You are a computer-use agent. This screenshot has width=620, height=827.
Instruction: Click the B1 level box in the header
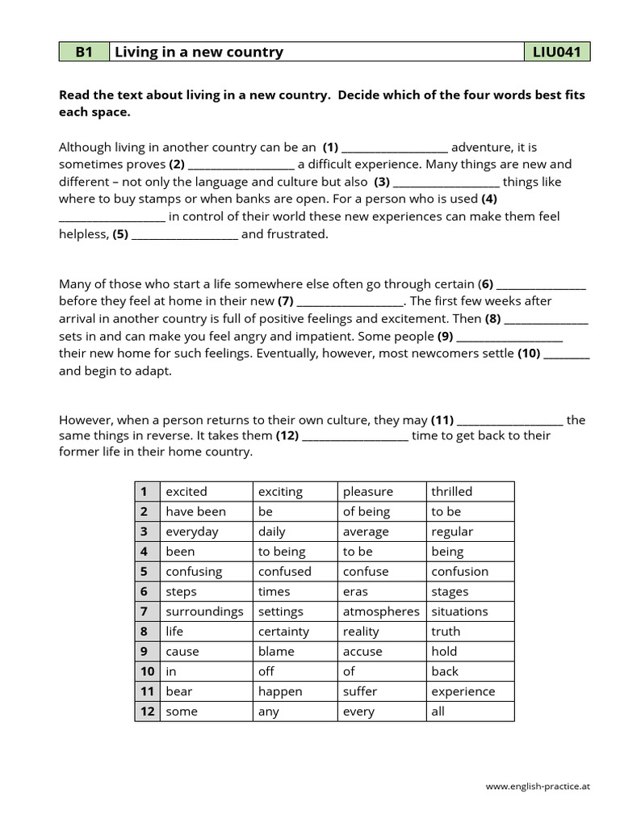tap(84, 52)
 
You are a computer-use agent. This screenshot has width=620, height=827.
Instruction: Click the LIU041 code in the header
tap(556, 52)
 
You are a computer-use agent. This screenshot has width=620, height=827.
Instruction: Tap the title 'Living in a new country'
tap(199, 52)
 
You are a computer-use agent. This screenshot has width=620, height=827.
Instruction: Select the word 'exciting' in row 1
tap(280, 492)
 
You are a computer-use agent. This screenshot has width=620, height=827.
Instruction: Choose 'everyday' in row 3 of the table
tap(192, 531)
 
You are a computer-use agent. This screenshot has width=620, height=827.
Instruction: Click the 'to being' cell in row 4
tap(282, 552)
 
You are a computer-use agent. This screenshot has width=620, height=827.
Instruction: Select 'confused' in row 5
tap(284, 572)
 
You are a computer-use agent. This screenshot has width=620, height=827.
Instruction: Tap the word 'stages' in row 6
tap(450, 592)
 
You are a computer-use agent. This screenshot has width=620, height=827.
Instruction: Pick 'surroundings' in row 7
tap(204, 611)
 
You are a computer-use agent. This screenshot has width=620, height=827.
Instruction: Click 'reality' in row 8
tap(361, 632)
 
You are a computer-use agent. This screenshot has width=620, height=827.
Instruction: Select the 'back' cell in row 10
tap(445, 671)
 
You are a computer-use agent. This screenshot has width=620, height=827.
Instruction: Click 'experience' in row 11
tap(463, 691)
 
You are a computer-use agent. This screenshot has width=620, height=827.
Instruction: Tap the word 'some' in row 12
tap(181, 712)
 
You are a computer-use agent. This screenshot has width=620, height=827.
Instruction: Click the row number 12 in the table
tap(147, 712)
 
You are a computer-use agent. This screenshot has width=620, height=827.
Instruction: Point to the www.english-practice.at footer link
tap(538, 785)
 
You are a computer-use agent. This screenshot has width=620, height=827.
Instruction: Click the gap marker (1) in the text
tap(330, 148)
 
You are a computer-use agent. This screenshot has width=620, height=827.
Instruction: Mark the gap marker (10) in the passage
tap(529, 354)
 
